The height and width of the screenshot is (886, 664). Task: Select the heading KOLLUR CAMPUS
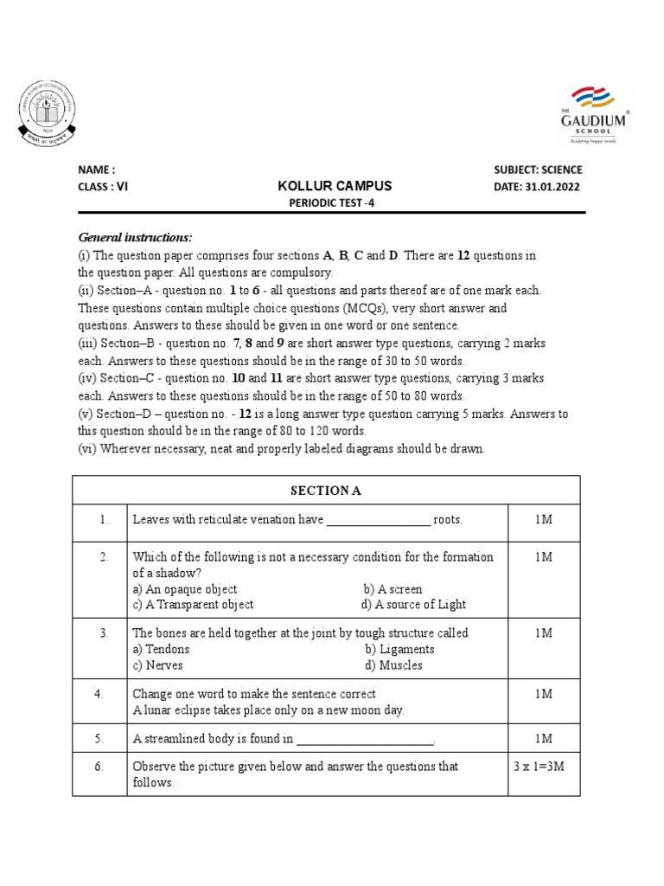(335, 186)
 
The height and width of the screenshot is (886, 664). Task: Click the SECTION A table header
(326, 491)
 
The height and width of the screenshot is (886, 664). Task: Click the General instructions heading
(135, 237)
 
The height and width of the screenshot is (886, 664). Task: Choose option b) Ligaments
(399, 649)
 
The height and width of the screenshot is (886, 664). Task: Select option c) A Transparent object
(193, 605)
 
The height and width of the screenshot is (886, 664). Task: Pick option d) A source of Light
(413, 605)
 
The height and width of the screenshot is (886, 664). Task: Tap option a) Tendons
(161, 649)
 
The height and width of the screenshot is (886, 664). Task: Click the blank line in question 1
(378, 520)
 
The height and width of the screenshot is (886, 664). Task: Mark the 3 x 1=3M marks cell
(543, 767)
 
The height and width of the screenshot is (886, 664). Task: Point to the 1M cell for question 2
(543, 557)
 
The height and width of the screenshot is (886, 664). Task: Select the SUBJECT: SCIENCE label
(538, 170)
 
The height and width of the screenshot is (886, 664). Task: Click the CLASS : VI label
(103, 187)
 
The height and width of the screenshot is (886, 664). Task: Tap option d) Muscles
(393, 665)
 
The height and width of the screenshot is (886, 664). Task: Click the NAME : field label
(96, 170)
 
